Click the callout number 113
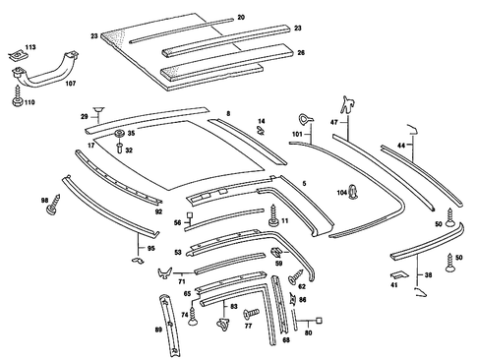[x=30, y=46]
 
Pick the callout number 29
[x=85, y=117]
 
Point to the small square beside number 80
[x=321, y=320]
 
